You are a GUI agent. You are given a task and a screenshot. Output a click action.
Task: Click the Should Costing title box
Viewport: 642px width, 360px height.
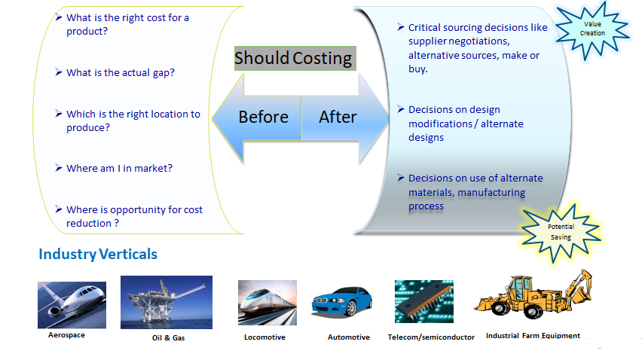295,58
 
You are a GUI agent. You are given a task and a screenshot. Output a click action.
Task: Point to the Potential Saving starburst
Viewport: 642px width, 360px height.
561,233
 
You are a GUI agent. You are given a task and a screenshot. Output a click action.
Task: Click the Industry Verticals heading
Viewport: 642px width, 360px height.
98,254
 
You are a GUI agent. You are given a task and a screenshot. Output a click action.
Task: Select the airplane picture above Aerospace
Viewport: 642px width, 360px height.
72,305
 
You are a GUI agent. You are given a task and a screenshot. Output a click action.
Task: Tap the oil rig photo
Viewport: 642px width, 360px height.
167,302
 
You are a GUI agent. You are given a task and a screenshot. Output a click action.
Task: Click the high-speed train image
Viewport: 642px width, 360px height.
267,303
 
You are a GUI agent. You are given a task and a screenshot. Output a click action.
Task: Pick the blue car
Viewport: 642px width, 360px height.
342,301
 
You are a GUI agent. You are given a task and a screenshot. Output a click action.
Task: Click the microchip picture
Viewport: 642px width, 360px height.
424,301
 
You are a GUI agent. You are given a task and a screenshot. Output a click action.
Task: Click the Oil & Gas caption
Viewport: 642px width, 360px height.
168,338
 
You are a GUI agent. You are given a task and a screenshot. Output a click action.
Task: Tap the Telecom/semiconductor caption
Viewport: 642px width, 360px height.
431,337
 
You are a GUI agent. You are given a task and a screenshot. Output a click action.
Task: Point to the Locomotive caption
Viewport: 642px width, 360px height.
265,337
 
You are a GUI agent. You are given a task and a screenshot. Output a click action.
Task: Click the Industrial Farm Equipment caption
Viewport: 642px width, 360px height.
533,336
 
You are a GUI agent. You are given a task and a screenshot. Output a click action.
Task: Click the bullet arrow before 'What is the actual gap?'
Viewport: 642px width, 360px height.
59,72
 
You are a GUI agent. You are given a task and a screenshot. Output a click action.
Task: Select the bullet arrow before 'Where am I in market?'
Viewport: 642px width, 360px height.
59,168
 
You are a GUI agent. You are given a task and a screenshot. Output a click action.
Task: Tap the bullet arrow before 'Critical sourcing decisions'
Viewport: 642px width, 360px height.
401,27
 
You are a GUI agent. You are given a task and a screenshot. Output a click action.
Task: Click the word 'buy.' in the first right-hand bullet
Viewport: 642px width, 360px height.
418,69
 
